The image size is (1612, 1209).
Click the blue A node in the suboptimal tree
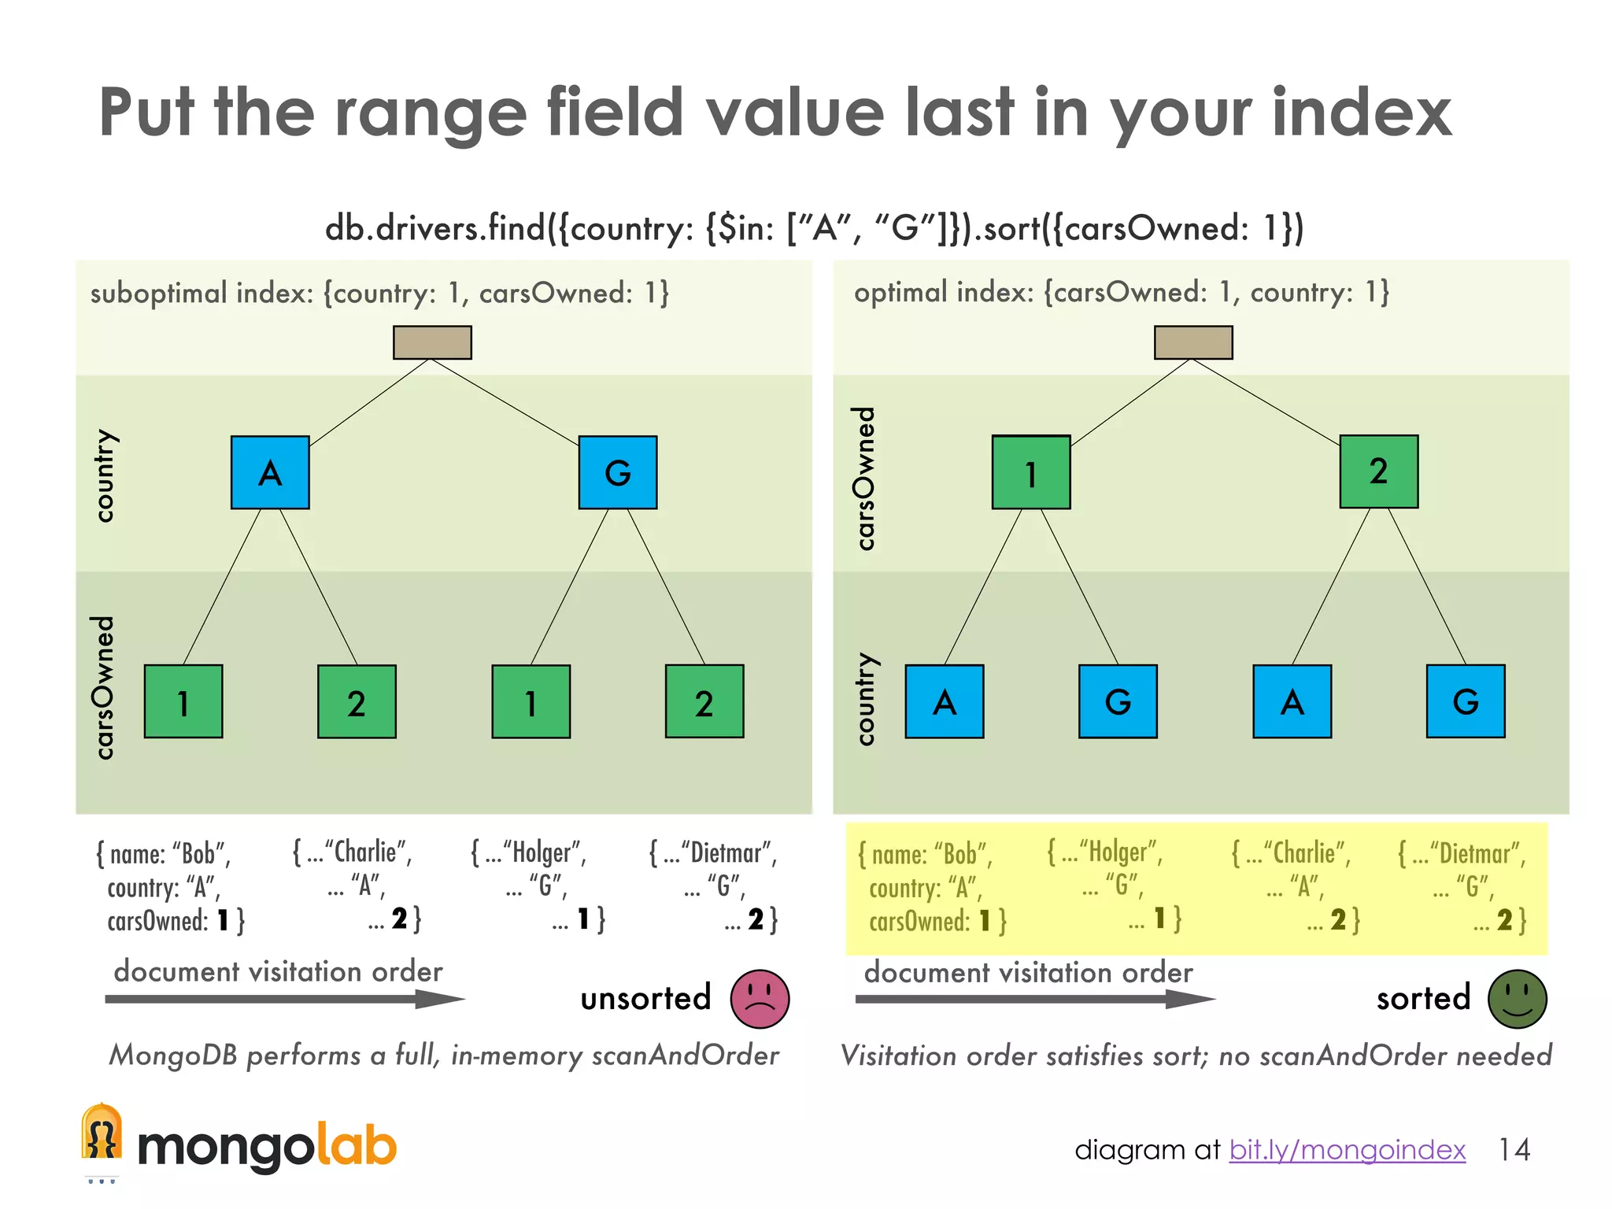270,472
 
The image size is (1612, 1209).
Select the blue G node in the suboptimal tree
617,472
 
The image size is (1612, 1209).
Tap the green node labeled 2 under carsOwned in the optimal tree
1378,471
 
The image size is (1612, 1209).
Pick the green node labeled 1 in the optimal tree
1030,472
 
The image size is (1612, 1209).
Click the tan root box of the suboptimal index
432,342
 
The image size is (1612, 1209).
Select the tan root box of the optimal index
1193,342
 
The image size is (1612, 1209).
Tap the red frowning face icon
760,999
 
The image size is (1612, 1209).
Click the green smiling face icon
1517,999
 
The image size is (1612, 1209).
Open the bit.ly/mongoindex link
1347,1150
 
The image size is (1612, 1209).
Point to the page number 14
1514,1150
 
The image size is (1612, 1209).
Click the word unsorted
645,998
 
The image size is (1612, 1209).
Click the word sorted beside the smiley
1423,998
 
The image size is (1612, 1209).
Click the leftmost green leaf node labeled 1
183,701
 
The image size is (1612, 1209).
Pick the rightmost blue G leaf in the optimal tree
1466,701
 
